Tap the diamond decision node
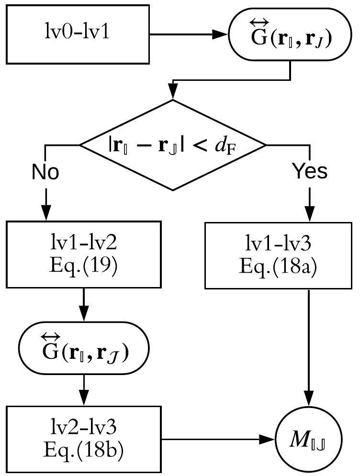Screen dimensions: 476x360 (x=172, y=144)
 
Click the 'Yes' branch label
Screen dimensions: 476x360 (x=310, y=171)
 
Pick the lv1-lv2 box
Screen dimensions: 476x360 (x=84, y=255)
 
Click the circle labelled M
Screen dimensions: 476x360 (x=310, y=437)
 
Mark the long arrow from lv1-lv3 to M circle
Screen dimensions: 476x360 (x=310, y=344)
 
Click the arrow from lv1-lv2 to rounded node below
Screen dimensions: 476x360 (x=84, y=306)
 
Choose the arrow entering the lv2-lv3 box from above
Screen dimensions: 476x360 (x=84, y=390)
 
